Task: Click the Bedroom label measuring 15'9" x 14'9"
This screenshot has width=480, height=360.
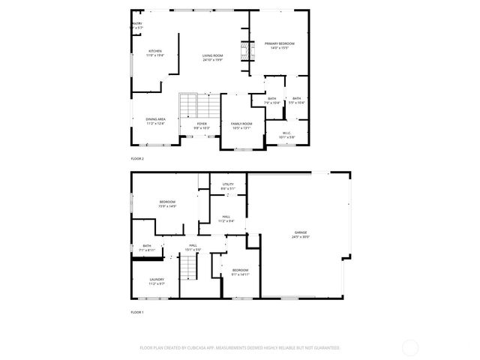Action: [x=166, y=202]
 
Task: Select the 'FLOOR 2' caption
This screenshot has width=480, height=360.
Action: [x=137, y=158]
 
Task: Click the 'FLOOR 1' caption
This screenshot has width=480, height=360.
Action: [x=137, y=311]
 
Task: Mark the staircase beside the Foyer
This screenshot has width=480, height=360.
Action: [x=197, y=105]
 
